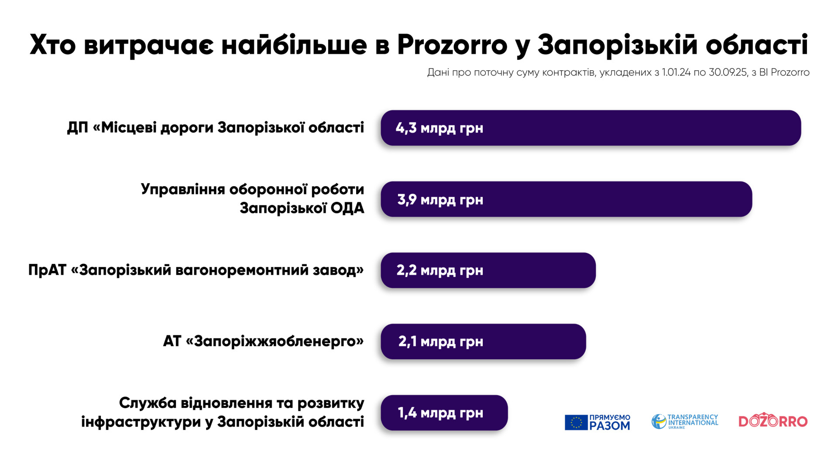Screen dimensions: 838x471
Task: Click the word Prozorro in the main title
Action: [452, 44]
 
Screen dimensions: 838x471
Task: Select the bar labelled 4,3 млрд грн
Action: [591, 128]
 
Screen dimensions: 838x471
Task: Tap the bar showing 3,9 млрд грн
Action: [566, 199]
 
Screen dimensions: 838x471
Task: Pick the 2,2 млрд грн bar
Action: [488, 270]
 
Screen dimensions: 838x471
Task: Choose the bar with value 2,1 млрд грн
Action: [483, 341]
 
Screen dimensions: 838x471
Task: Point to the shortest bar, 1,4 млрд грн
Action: [444, 413]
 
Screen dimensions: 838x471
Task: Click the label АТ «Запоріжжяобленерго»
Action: [263, 341]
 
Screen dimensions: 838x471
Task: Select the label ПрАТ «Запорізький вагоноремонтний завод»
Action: [196, 270]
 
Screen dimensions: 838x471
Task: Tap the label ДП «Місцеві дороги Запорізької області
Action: [215, 127]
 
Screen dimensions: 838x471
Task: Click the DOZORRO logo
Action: [773, 420]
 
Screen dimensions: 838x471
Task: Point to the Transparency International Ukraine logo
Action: [684, 421]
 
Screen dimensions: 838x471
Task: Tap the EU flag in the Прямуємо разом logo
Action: [576, 422]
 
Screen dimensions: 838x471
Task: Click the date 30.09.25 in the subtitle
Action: [728, 72]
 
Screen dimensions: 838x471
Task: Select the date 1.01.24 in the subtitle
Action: [676, 72]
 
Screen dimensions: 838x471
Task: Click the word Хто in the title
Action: [52, 45]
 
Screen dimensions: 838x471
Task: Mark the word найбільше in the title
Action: [294, 44]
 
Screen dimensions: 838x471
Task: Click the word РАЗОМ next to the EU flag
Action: [610, 426]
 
